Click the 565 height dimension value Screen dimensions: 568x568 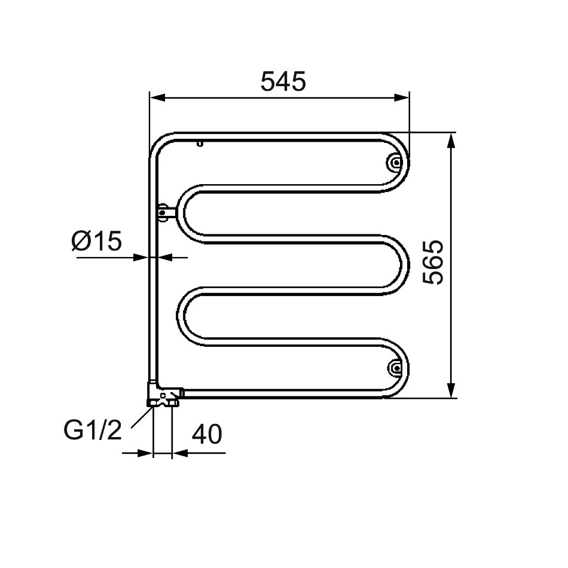[433, 262]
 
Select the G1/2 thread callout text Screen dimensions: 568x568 [93, 430]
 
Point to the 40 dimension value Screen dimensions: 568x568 [207, 434]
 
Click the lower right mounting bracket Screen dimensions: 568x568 [396, 368]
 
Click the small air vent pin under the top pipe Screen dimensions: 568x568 [200, 143]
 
